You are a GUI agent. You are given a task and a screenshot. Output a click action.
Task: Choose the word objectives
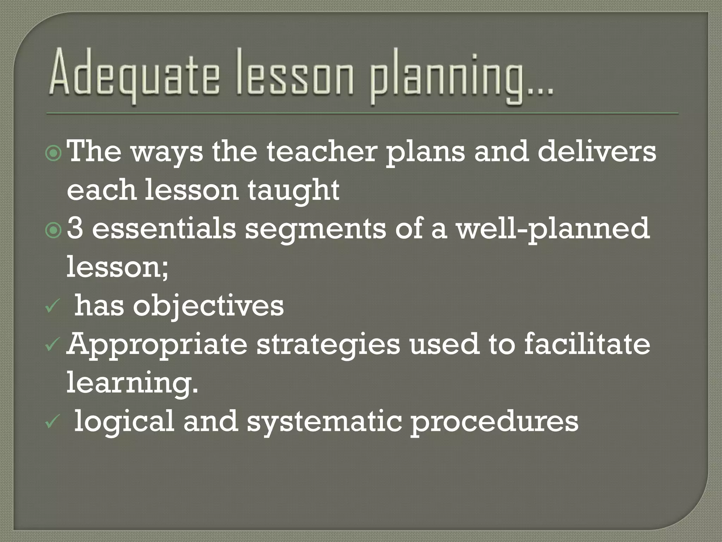[x=208, y=307]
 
